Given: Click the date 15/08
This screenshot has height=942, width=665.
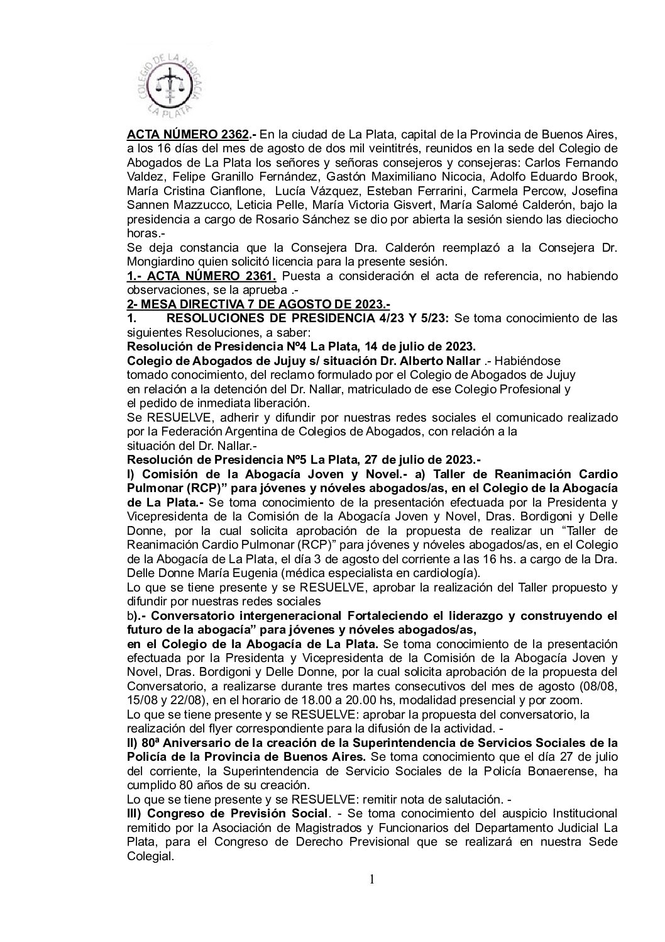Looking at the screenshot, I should [x=141, y=701].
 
